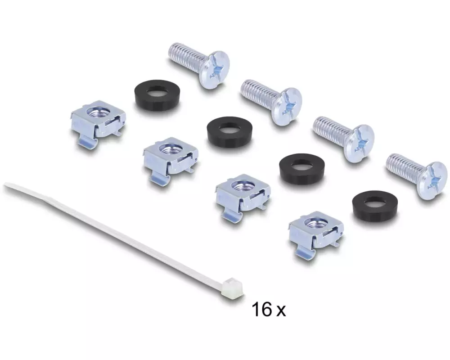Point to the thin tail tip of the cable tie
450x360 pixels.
[5, 185]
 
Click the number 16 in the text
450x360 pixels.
[261, 310]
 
